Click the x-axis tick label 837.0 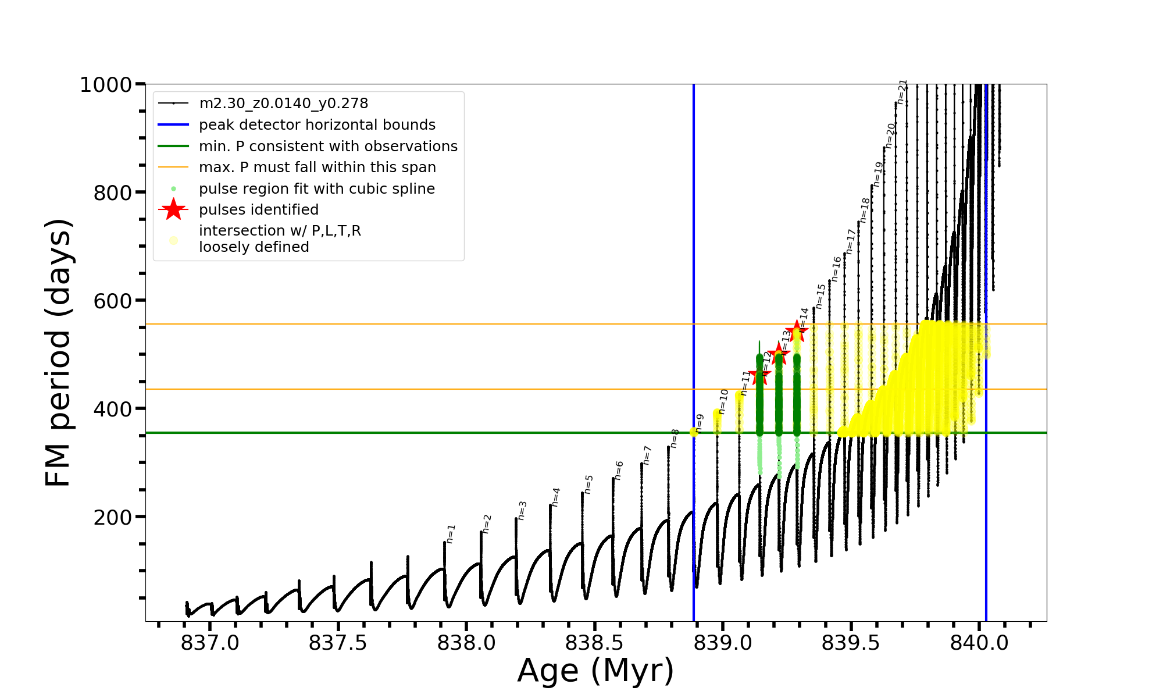point(210,643)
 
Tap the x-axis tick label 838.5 point(594,643)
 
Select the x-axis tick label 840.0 point(979,643)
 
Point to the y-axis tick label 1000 point(106,85)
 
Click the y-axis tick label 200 point(113,517)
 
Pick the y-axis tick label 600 point(113,301)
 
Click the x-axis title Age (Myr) point(595,671)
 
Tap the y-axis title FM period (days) point(58,352)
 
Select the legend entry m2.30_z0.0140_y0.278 point(283,104)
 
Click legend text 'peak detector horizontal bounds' point(317,125)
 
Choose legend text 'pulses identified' point(259,210)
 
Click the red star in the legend point(173,209)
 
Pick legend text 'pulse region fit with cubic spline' point(317,189)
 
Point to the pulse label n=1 point(451,533)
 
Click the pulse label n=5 point(589,484)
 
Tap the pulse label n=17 point(851,241)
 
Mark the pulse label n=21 point(902,92)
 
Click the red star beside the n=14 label point(797,330)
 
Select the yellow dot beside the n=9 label point(694,432)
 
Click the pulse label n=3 point(522,510)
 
